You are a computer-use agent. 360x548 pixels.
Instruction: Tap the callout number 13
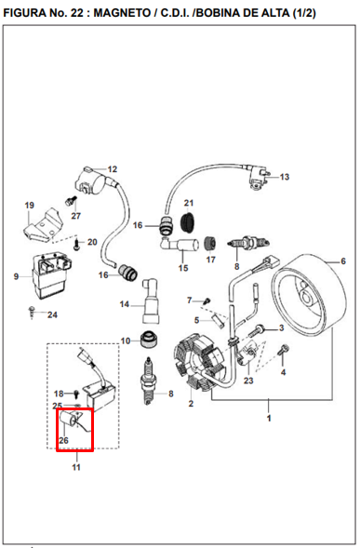285,177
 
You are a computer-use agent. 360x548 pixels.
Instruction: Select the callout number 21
187,203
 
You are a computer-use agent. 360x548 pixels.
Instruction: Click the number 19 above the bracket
29,206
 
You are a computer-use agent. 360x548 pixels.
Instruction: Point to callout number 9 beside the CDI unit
16,276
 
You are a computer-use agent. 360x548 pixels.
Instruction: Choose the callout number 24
53,314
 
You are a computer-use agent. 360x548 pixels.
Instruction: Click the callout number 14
124,304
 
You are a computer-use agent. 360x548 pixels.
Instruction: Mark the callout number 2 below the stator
190,404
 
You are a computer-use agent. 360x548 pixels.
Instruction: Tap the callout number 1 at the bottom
270,420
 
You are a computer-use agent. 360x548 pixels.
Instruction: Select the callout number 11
76,467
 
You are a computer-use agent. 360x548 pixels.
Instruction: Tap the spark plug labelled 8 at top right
244,245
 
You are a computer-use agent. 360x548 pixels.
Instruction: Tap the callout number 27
76,216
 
